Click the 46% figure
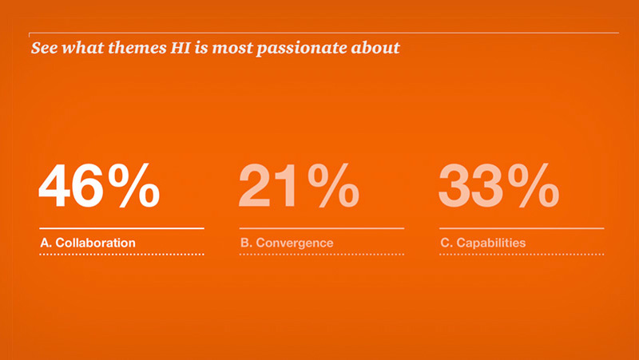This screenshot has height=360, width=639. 99,187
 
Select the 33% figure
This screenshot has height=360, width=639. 498,187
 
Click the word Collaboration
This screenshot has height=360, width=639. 95,242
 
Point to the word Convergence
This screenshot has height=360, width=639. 293,242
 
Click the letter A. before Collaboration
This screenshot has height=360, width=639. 46,242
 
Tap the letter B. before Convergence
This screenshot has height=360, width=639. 245,242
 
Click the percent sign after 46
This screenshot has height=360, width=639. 133,187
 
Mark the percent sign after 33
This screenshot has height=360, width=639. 533,187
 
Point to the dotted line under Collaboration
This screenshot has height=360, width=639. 121,255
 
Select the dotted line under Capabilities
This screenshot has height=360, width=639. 521,255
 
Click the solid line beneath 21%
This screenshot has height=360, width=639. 321,228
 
